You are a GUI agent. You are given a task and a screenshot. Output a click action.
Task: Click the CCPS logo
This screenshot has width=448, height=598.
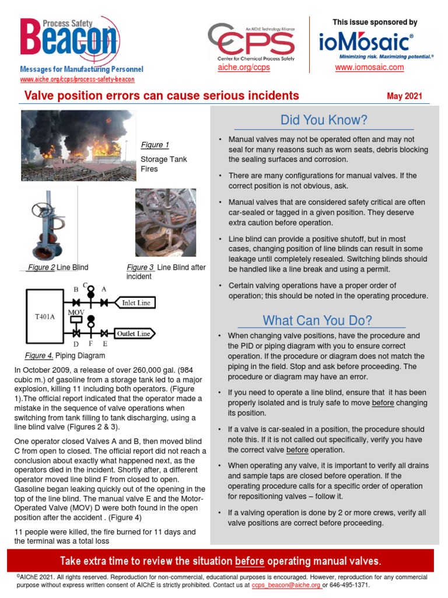(251, 41)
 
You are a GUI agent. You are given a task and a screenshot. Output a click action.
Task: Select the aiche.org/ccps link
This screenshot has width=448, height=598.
(243, 68)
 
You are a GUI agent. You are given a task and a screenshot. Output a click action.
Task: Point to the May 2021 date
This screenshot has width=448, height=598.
(404, 96)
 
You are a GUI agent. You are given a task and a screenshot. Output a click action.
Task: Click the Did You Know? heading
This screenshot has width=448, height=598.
(324, 120)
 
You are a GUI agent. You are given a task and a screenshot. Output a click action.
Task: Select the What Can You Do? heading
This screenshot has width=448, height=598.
(317, 320)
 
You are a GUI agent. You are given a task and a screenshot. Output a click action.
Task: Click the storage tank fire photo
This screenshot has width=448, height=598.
(77, 145)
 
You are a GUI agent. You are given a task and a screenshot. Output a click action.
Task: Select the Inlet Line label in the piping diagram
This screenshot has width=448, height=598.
(135, 303)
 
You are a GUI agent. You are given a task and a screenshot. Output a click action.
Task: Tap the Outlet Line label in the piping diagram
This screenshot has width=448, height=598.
(134, 333)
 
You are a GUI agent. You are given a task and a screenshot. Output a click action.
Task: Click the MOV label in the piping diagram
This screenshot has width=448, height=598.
(76, 312)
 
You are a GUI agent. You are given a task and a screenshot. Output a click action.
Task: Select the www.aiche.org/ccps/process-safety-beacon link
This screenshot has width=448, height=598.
(77, 79)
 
